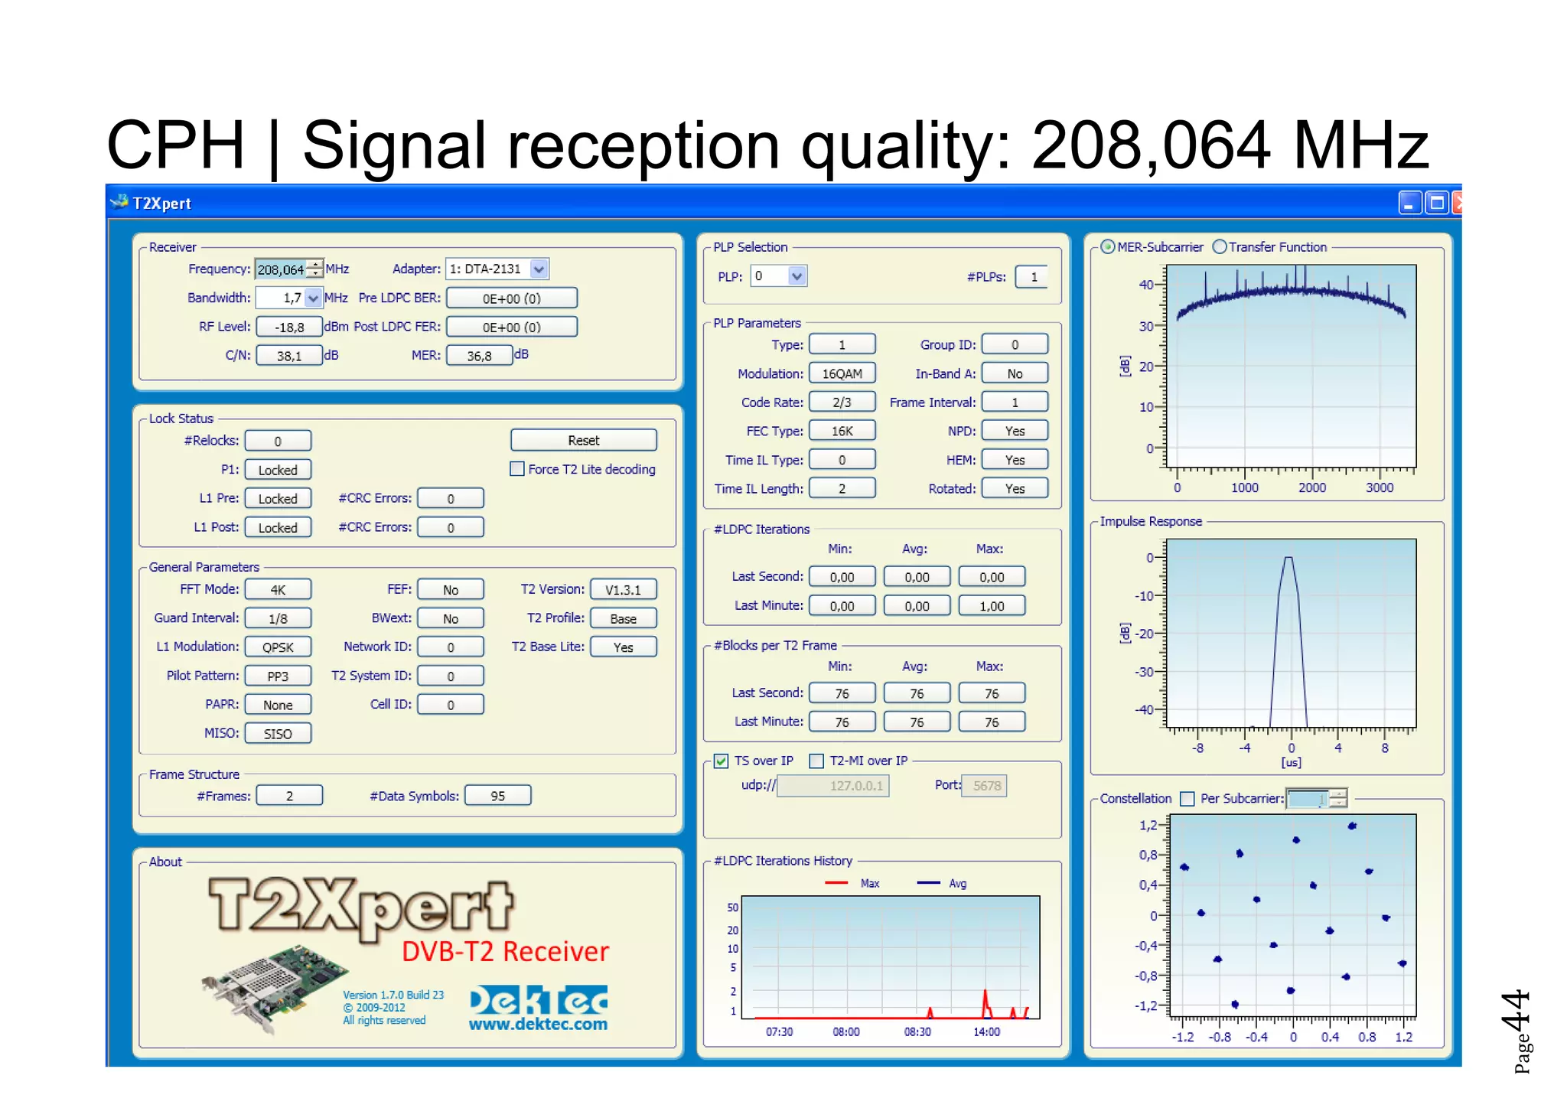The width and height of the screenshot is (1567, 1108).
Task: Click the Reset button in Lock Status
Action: [583, 440]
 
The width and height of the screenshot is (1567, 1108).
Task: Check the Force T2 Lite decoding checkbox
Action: [517, 469]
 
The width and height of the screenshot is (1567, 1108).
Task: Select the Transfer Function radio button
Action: [1220, 246]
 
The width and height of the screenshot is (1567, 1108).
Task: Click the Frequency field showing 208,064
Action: [281, 269]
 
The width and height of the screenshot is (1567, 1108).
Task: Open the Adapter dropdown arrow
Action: [539, 269]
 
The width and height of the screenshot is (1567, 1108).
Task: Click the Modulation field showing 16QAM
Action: [842, 373]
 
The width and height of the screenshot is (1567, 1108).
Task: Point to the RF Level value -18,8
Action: [289, 328]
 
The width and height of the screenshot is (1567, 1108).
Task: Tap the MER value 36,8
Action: [479, 356]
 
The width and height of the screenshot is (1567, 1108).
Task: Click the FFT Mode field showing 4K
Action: [278, 590]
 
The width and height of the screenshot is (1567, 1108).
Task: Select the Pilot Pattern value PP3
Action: [278, 676]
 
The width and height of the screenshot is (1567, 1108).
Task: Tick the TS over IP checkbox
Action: [721, 761]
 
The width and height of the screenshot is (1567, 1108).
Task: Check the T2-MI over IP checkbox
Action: [816, 761]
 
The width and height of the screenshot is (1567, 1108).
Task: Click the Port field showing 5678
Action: [986, 786]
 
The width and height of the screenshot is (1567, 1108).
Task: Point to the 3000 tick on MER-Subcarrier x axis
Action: [1380, 487]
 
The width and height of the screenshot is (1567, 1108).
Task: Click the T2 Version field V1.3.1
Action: [623, 590]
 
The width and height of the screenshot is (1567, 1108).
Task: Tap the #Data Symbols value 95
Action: [497, 796]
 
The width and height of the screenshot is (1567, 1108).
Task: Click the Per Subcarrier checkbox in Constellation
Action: [1187, 799]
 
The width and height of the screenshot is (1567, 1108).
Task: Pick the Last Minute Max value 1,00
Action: [992, 606]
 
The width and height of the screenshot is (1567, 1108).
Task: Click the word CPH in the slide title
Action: [175, 145]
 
